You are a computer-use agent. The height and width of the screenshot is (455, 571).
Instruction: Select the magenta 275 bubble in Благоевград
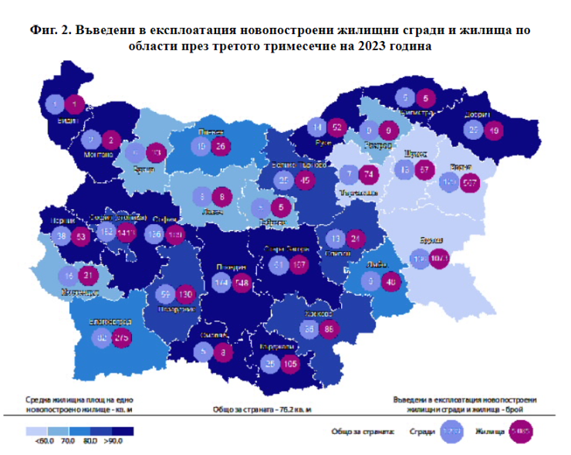pyautogui.click(x=120, y=338)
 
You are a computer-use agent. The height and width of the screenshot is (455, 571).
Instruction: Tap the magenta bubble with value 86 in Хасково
pyautogui.click(x=329, y=329)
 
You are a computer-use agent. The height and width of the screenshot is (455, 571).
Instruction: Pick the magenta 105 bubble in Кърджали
pyautogui.click(x=289, y=363)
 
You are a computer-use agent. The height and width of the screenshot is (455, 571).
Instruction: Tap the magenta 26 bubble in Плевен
pyautogui.click(x=220, y=146)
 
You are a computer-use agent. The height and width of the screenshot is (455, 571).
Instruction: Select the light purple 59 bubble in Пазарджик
pyautogui.click(x=164, y=294)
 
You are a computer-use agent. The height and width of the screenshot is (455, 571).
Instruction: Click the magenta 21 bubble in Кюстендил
pyautogui.click(x=90, y=275)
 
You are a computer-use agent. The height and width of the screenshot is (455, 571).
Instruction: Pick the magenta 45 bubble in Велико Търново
pyautogui.click(x=305, y=181)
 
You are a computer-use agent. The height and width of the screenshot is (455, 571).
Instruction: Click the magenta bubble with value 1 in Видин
pyautogui.click(x=75, y=104)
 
